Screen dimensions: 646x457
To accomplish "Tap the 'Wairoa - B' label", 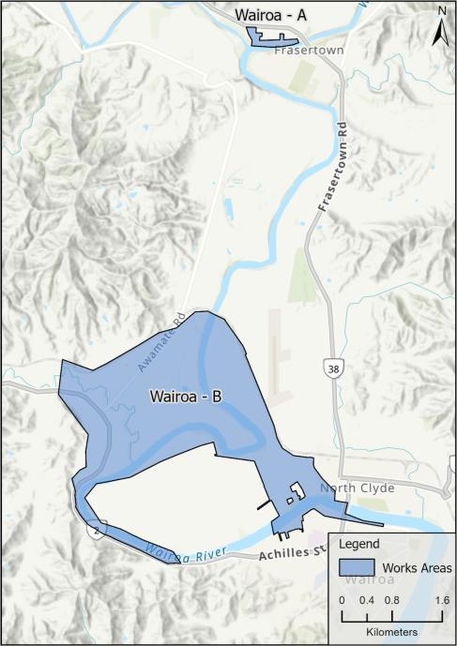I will (185, 397).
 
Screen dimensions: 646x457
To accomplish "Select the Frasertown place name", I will (299, 53).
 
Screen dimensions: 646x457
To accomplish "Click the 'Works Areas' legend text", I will (414, 568).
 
